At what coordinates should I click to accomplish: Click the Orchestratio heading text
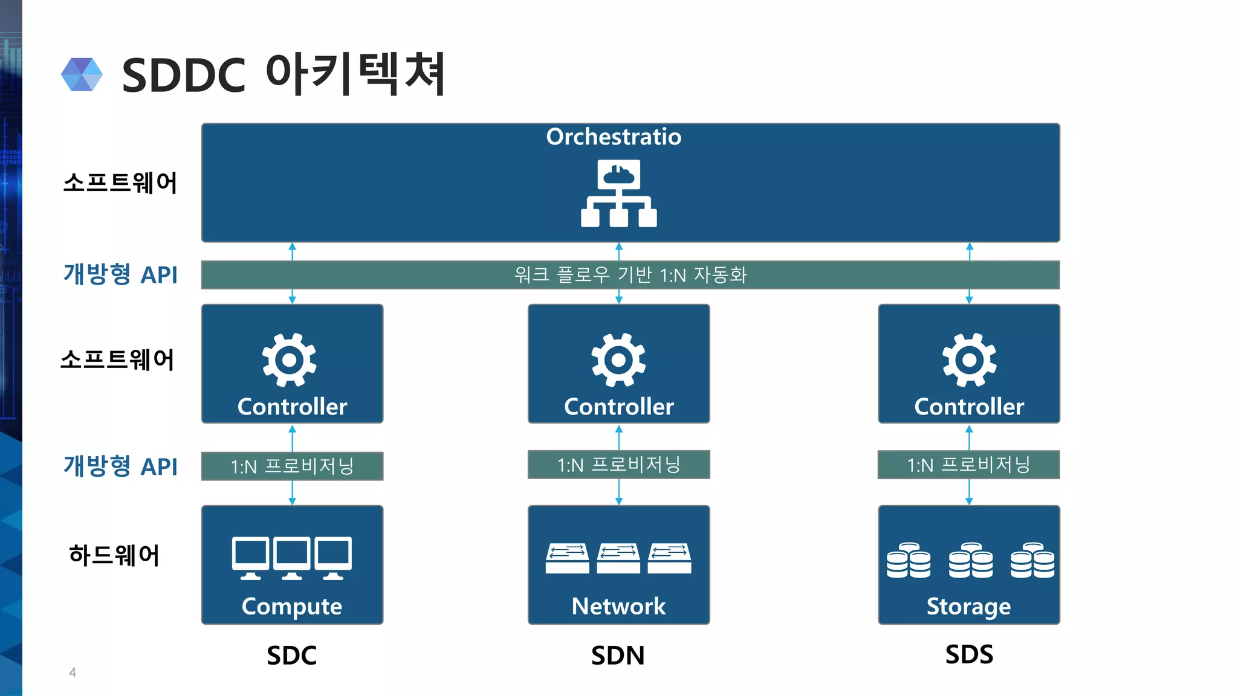coord(614,137)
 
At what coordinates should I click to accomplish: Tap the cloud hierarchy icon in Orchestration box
coord(618,193)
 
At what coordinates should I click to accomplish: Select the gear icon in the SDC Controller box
coord(289,360)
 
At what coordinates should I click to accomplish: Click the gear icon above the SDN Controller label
coord(618,360)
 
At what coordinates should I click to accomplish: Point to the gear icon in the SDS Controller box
coord(969,360)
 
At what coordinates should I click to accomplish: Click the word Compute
coord(292,606)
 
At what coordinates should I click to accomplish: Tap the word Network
coord(618,606)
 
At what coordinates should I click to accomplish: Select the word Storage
coord(968,606)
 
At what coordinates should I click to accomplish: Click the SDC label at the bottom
coord(292,656)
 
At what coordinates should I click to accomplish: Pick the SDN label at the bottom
coord(618,656)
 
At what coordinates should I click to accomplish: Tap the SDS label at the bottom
coord(969,654)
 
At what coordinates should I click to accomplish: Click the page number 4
coord(73,672)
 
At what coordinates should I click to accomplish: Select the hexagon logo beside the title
coord(82,74)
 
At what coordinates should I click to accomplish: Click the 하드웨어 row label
coord(114,555)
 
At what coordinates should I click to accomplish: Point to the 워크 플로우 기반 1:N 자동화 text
coord(630,275)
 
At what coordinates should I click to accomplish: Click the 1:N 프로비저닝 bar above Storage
coord(968,465)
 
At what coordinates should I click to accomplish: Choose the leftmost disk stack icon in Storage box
coord(909,560)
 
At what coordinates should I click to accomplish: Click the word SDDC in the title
coord(184,76)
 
